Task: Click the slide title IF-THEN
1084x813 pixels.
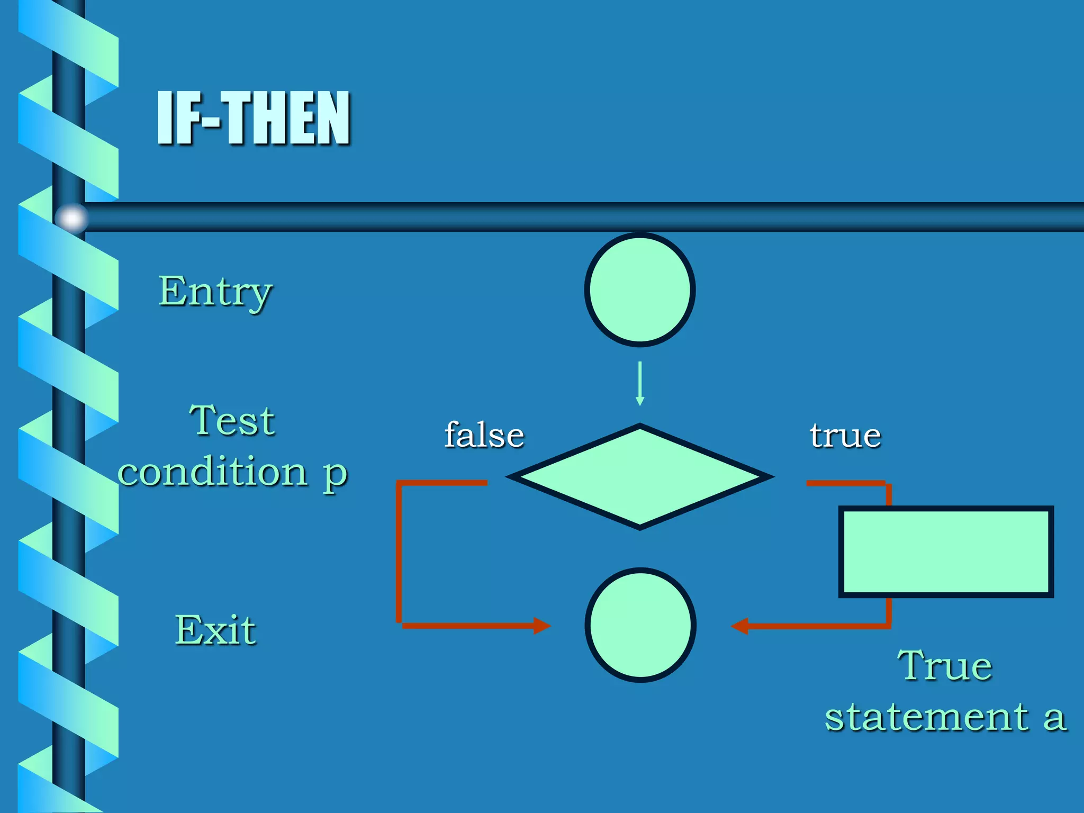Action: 254,118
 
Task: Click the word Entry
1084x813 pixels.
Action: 215,291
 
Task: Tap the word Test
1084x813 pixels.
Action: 232,421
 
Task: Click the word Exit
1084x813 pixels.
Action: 215,630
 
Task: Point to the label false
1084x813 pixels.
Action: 484,435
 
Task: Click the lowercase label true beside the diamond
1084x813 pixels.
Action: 845,436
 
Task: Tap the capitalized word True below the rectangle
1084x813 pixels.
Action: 945,665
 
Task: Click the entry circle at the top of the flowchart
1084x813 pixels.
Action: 640,290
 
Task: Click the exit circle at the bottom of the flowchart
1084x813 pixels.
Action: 640,625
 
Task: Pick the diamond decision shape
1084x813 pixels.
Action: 640,476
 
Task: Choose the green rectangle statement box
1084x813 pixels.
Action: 946,552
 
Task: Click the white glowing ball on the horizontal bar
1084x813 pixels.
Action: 72,218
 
